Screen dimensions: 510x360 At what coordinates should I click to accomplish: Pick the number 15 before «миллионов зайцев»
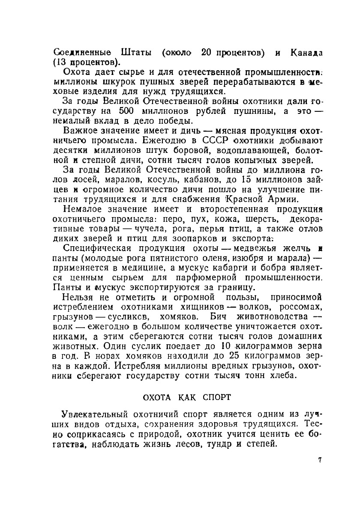click(246, 180)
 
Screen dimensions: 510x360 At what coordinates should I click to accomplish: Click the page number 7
click(320, 461)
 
